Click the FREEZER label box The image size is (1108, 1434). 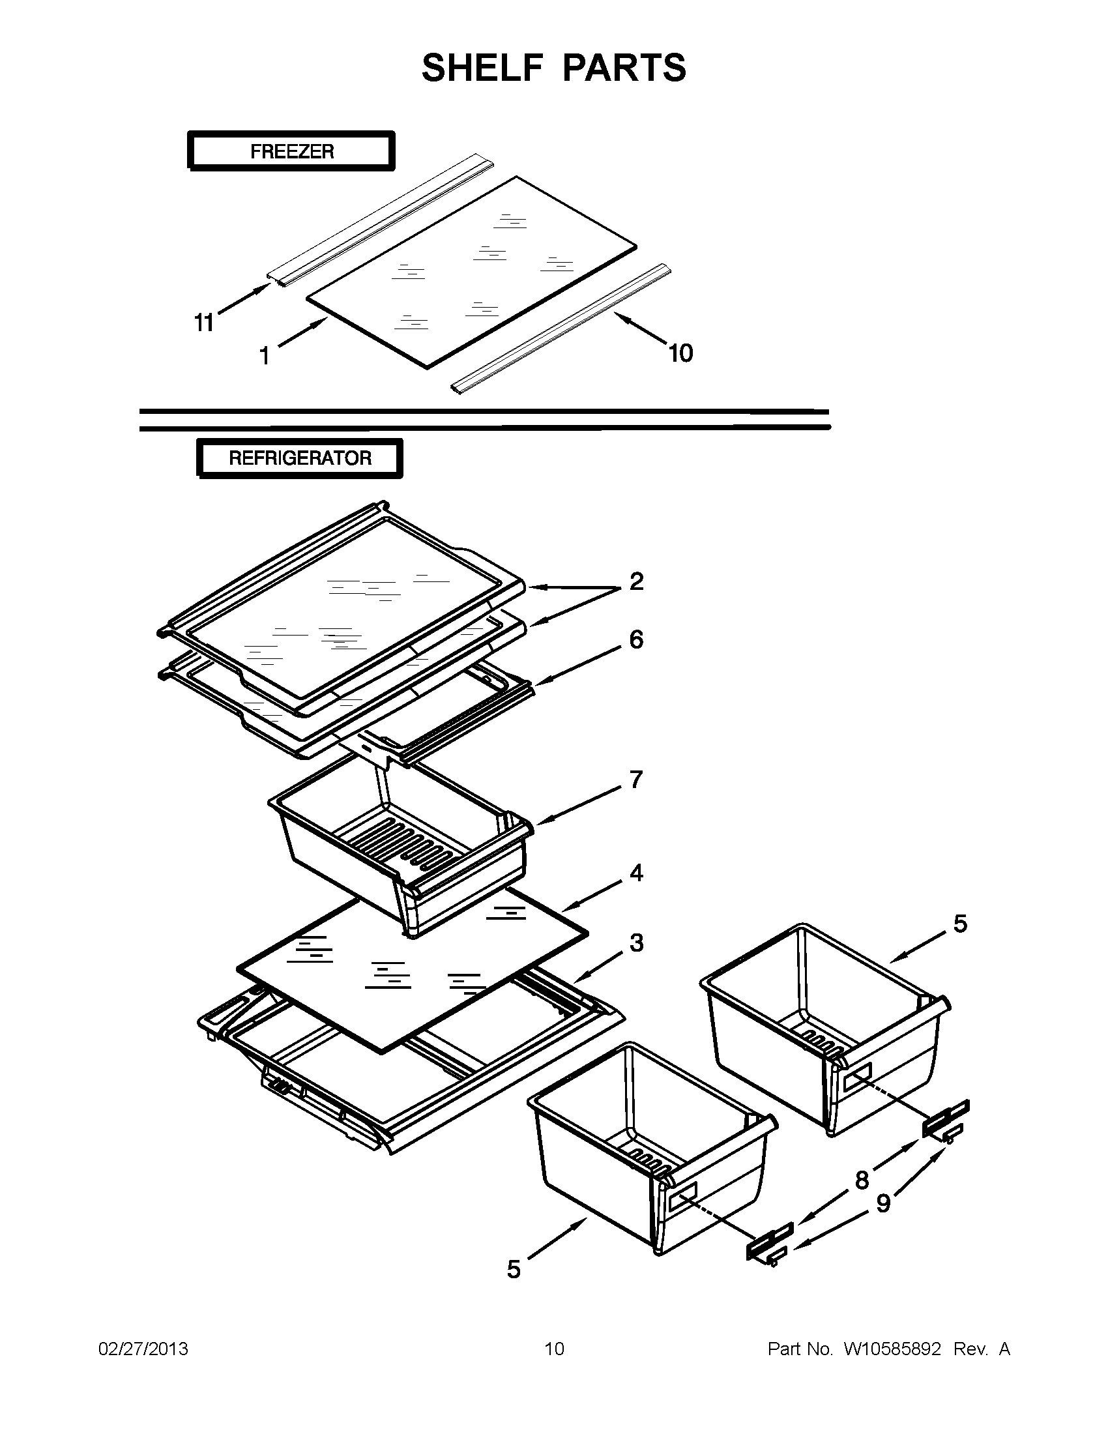[291, 151]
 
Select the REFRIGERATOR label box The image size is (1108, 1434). [299, 458]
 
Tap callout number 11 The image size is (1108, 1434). [203, 323]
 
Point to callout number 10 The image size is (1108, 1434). [680, 353]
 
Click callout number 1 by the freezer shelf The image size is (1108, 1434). [265, 357]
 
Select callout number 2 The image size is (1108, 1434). [636, 581]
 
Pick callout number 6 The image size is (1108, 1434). [636, 639]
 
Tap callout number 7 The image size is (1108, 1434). [635, 780]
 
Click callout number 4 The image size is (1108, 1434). [636, 873]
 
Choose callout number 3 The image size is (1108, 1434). [636, 943]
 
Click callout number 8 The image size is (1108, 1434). [862, 1180]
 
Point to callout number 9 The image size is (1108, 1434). [884, 1203]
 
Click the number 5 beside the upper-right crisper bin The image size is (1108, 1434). [959, 924]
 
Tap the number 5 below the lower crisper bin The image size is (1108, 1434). [514, 1269]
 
